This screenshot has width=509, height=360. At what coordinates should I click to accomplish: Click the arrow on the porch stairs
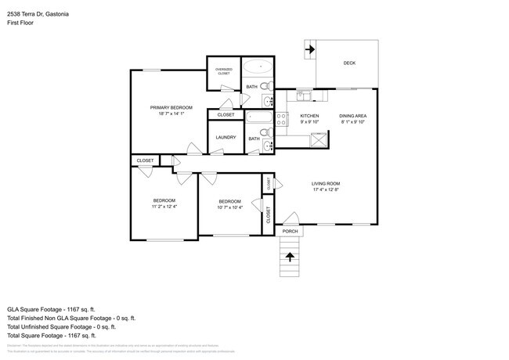click(291, 255)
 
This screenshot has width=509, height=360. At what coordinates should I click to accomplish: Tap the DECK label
click(349, 64)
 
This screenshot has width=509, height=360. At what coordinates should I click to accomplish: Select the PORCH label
click(290, 232)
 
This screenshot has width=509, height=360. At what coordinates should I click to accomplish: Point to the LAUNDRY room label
click(226, 138)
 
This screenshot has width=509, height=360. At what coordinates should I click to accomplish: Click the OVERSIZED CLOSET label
click(223, 71)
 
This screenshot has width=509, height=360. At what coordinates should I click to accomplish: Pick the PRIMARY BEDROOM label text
click(171, 106)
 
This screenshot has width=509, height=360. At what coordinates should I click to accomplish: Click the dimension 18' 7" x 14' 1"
click(171, 114)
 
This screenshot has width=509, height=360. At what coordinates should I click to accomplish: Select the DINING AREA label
click(352, 115)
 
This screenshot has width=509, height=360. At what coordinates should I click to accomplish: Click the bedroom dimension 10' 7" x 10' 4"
click(229, 207)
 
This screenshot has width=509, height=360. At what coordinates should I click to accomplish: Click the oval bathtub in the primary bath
click(255, 68)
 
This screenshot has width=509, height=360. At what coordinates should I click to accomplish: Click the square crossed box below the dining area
click(319, 141)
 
